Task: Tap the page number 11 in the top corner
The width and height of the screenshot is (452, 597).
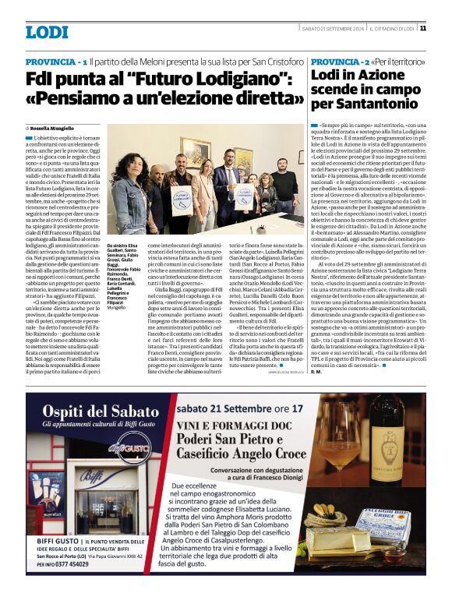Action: [x=422, y=28]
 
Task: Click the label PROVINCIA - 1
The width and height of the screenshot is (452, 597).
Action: [x=56, y=61]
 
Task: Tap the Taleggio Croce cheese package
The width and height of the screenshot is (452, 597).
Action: [x=394, y=518]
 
